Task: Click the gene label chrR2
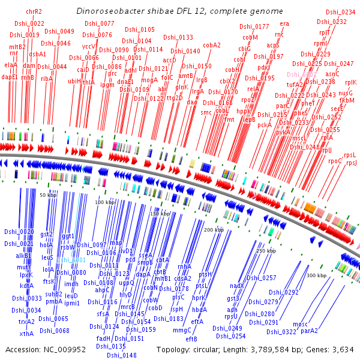[34, 11]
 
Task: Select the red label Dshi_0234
[340, 12]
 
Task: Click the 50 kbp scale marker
[48, 196]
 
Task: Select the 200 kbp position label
[214, 230]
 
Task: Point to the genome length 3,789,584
[268, 349]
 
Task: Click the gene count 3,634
[343, 349]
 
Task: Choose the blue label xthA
[26, 334]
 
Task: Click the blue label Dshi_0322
[281, 331]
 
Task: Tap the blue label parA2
[310, 331]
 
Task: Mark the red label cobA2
[212, 45]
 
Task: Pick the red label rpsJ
[351, 163]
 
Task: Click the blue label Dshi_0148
[121, 355]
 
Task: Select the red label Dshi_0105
[139, 29]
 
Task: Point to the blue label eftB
[191, 338]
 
